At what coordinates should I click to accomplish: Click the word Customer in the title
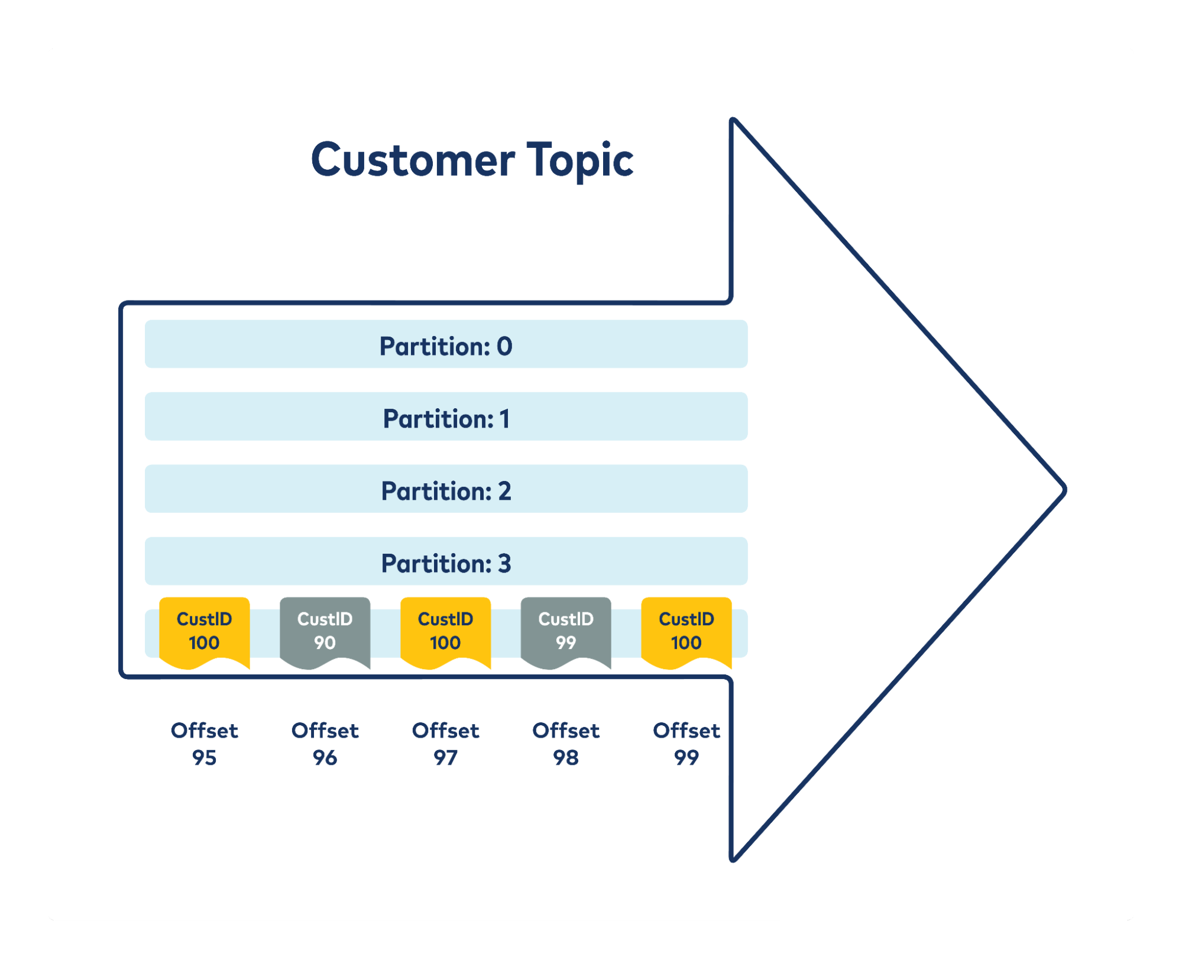point(413,160)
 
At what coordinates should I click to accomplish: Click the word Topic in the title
point(580,160)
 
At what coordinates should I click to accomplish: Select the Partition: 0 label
point(446,347)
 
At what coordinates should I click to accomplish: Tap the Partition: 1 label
point(446,419)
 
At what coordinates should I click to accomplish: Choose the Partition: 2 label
point(446,491)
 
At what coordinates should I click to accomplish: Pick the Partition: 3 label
point(446,563)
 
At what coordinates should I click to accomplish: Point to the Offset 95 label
point(205,744)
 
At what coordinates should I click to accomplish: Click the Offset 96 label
point(325,744)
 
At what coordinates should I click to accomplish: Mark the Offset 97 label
point(445,744)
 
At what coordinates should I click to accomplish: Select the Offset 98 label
point(566,744)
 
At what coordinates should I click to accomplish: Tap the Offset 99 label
point(686,744)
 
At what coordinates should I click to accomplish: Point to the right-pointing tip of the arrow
point(1065,490)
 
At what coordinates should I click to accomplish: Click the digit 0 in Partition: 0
point(504,347)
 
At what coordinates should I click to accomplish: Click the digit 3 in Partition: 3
point(504,563)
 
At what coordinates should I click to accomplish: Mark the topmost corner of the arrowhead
point(733,120)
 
